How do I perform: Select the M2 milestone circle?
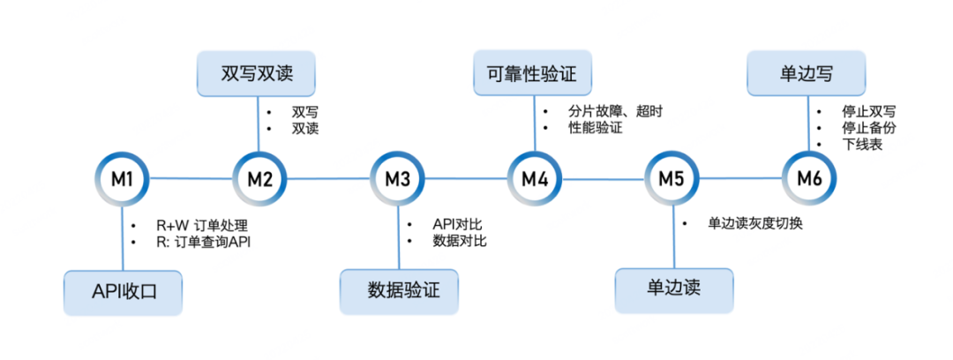point(259,179)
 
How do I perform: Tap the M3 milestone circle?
point(397,179)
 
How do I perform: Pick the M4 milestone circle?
point(535,179)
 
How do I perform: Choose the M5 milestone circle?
point(672,179)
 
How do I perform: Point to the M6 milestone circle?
point(809,179)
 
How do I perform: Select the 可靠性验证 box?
point(531,73)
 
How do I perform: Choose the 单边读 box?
point(675,289)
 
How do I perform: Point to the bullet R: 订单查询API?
point(203,241)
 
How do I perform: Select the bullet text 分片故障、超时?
point(615,112)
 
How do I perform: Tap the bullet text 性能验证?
point(595,129)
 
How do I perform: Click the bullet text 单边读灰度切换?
point(754,224)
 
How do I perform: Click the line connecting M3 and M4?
point(466,179)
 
